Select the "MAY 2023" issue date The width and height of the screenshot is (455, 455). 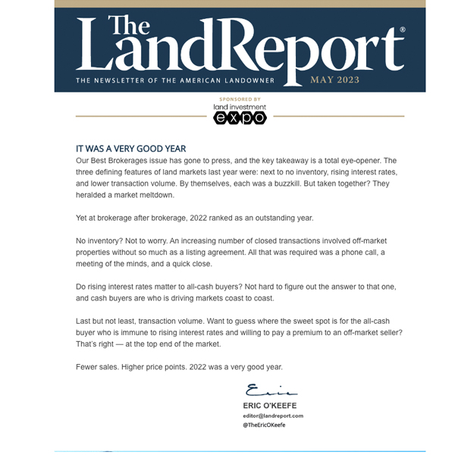(x=334, y=79)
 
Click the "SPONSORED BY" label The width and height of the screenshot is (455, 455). (x=240, y=99)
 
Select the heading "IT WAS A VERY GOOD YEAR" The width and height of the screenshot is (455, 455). (x=130, y=149)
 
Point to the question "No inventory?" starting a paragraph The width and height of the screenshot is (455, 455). (x=102, y=240)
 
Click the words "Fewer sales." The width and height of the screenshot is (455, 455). (x=98, y=367)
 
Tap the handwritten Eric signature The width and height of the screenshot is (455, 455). (x=271, y=391)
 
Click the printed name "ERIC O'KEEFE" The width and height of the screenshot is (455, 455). (x=270, y=406)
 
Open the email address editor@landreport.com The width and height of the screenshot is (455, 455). (x=273, y=416)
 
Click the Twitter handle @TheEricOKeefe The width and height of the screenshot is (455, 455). (x=265, y=425)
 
